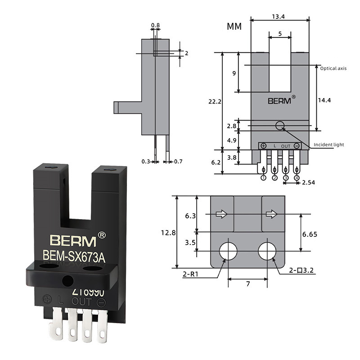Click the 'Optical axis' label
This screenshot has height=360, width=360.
(333, 68)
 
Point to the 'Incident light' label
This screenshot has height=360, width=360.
(328, 144)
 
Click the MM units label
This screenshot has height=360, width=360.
(234, 27)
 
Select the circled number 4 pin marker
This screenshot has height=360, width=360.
(297, 178)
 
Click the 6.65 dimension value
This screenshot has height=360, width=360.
(310, 234)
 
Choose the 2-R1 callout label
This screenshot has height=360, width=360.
(191, 273)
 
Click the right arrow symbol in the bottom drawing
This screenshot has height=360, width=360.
(271, 215)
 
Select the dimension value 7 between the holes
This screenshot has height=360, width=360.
(248, 284)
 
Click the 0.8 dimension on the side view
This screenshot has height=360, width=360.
(156, 25)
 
